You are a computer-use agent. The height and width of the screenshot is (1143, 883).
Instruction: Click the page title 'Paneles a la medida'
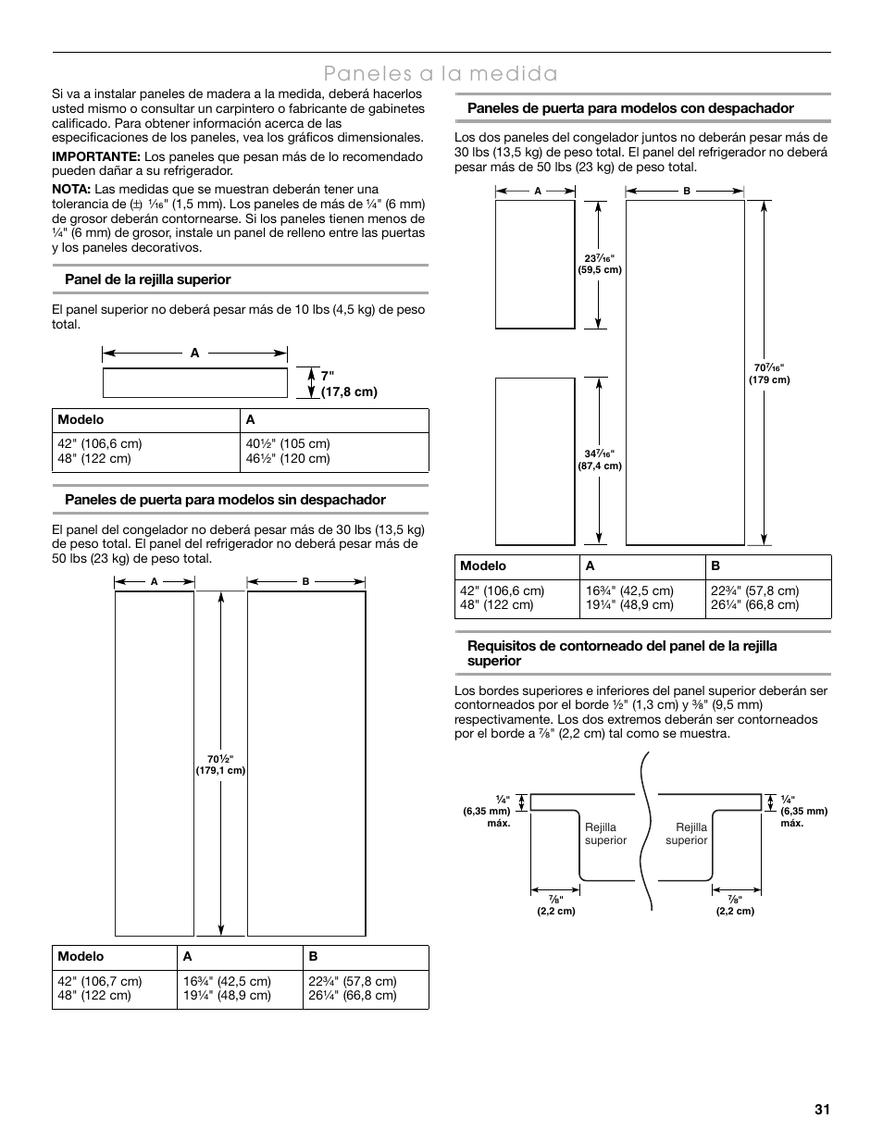(x=441, y=73)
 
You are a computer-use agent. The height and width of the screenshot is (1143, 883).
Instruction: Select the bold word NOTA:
(x=71, y=189)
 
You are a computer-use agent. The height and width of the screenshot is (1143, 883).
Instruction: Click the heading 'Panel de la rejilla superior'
(x=147, y=280)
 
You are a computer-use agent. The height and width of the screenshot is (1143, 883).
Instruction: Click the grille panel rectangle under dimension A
(x=194, y=382)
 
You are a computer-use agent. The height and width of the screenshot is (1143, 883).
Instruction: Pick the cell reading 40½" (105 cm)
(x=288, y=443)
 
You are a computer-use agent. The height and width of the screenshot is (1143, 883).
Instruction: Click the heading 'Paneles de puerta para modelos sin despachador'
(x=225, y=500)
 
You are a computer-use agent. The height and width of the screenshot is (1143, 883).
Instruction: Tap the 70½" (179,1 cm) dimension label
(x=220, y=764)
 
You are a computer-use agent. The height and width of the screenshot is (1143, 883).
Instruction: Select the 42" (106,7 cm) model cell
(x=100, y=981)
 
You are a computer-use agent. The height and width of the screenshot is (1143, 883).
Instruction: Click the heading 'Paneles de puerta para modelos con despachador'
(x=630, y=108)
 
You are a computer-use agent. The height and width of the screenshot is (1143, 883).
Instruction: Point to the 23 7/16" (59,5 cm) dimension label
(x=600, y=264)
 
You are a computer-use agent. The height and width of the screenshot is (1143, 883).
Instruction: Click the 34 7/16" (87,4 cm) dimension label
(x=600, y=460)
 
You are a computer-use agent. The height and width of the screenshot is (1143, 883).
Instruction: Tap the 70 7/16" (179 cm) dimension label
(x=769, y=374)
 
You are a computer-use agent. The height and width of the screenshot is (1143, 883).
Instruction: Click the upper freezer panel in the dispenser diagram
(x=535, y=264)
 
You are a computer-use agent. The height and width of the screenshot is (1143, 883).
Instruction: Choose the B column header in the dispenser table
(x=715, y=565)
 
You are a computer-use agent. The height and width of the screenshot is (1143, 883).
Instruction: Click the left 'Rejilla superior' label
(x=605, y=834)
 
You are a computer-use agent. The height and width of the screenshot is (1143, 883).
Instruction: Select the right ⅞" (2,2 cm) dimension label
(x=735, y=905)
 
